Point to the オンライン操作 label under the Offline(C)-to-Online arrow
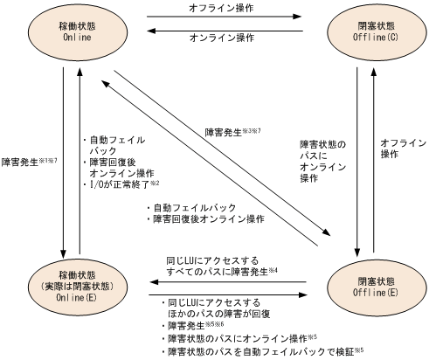tap(215, 38)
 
